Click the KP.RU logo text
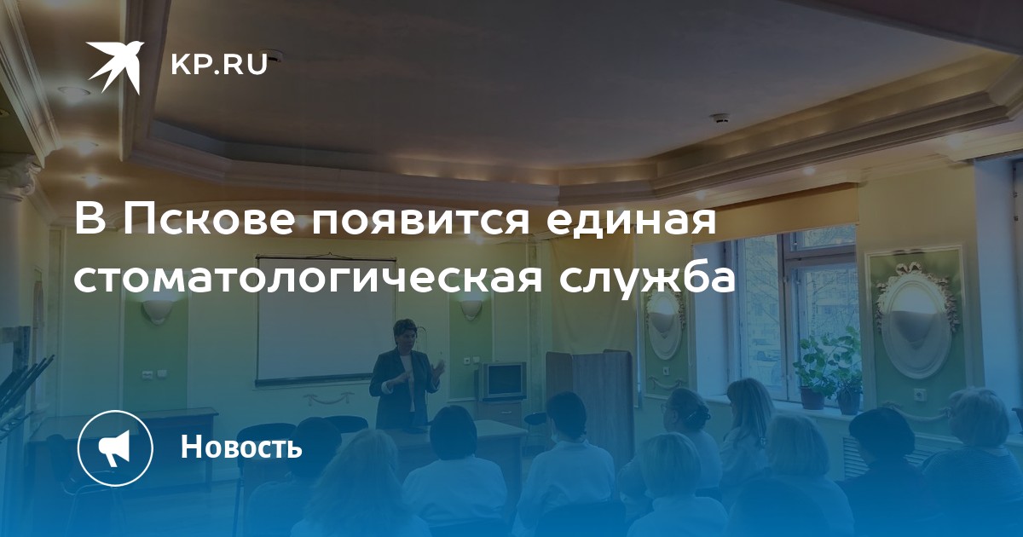click(x=219, y=66)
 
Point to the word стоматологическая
click(x=309, y=278)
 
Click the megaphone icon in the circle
click(x=115, y=448)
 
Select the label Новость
click(x=241, y=447)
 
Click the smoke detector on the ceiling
click(x=720, y=118)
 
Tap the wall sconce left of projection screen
click(x=157, y=310)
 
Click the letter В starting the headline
click(x=90, y=219)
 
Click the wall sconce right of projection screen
click(x=471, y=309)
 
